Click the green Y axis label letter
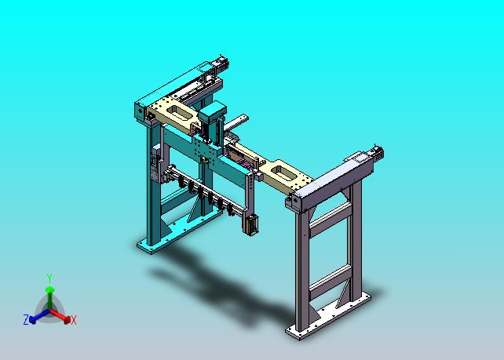(x=49, y=278)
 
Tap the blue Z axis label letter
(x=26, y=319)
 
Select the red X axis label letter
(x=74, y=320)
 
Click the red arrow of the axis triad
(x=60, y=315)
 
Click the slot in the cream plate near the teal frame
(x=178, y=112)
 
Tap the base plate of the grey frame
(x=328, y=316)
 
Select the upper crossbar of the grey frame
(x=331, y=216)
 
